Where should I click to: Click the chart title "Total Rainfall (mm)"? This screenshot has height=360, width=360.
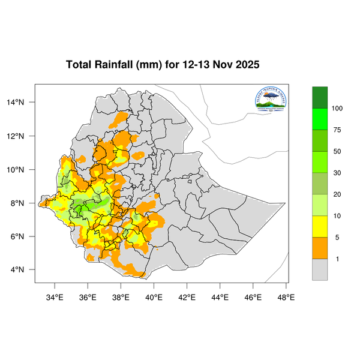coord(114,65)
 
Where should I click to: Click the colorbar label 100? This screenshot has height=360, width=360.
coord(337,108)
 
